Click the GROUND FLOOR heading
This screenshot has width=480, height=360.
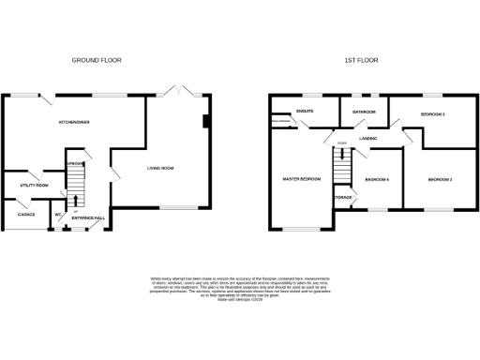pos(97,60)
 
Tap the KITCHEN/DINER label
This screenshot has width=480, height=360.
pos(74,122)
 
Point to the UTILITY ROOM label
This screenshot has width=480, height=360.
pos(35,186)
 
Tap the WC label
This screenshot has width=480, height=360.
pos(58,215)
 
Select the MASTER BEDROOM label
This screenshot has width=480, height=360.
pos(302,178)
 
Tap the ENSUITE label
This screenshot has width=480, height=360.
pos(305,112)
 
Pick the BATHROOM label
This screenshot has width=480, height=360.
pos(364,112)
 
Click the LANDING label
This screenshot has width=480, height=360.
pos(367,139)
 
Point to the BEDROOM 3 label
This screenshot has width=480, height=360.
pos(432,114)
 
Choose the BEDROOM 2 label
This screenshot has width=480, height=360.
pos(440,179)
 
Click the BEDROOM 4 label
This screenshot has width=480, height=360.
pos(377,179)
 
